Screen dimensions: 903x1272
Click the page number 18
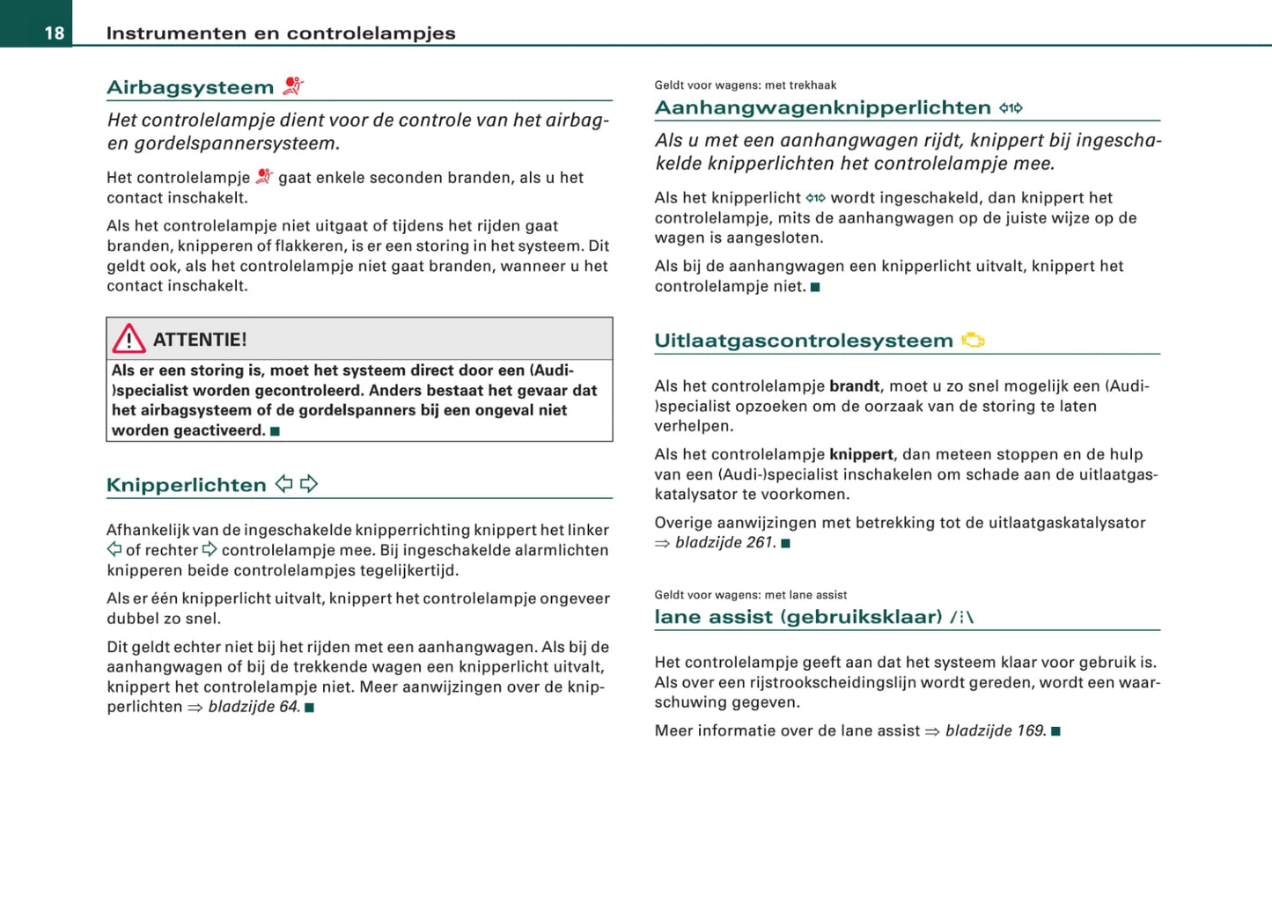coord(55,33)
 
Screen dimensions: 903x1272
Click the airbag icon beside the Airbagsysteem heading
coord(293,86)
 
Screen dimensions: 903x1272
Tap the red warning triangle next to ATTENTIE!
coord(129,339)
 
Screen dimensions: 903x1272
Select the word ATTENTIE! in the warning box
coord(200,340)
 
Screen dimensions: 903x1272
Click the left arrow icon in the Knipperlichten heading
coord(284,484)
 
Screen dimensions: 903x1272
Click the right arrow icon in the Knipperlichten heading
coord(309,484)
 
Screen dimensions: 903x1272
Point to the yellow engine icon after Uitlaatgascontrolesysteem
coord(973,340)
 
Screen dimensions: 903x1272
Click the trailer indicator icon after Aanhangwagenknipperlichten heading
coord(1011,108)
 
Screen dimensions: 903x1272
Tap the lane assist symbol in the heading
coord(962,617)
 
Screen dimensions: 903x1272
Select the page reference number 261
coord(759,542)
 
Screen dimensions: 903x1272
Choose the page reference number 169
coord(1030,730)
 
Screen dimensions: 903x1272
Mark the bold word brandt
coord(854,385)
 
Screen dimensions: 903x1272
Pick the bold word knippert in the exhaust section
coord(861,454)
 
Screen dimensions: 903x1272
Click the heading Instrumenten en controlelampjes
coord(281,33)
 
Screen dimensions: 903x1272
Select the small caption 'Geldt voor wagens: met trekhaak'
coord(745,85)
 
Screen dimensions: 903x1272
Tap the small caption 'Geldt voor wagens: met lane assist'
coord(750,595)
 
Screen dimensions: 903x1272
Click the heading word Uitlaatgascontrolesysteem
coord(803,341)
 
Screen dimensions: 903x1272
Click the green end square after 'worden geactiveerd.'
coord(276,431)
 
